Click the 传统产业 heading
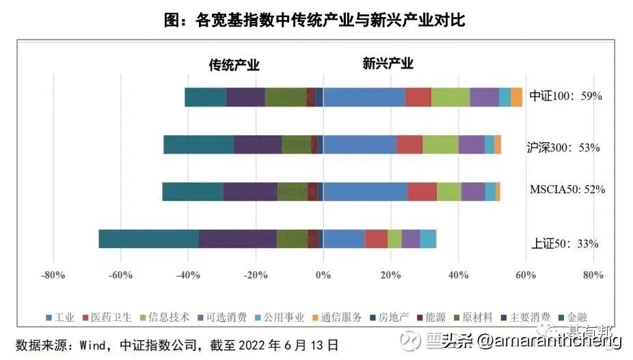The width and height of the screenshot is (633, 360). point(234,65)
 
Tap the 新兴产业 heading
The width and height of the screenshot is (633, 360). point(388,64)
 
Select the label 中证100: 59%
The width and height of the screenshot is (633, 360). point(566,96)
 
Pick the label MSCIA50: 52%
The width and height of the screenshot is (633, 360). point(567,189)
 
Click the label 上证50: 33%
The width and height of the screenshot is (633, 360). point(565,243)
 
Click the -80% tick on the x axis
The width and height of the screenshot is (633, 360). point(53,275)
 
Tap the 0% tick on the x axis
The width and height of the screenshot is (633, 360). point(323,275)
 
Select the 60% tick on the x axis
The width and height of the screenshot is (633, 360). point(525,275)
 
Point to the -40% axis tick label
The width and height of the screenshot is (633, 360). point(188,275)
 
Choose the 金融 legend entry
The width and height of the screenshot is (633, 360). point(572,317)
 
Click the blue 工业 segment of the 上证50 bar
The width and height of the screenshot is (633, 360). point(343,238)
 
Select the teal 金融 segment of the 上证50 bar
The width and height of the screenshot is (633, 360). point(148,238)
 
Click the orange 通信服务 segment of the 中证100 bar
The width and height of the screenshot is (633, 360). point(517,97)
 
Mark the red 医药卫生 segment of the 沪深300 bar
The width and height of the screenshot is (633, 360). point(409,145)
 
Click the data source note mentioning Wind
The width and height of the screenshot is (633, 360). point(177,344)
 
